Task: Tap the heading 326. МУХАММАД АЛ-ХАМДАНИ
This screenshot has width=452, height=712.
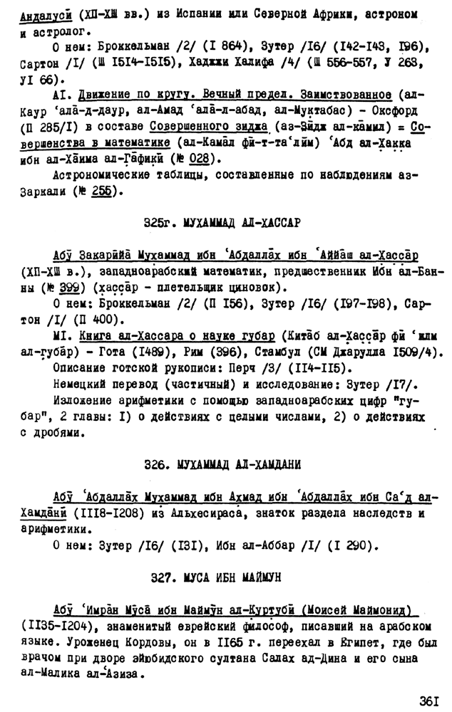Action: click(222, 464)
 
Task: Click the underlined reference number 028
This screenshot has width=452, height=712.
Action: click(200, 159)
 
